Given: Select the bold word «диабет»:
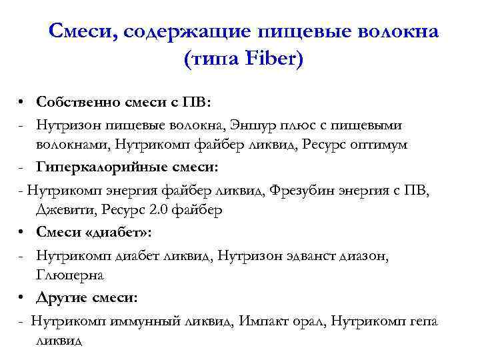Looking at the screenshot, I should pos(123,233).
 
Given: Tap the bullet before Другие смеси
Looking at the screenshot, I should pos(22,297).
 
